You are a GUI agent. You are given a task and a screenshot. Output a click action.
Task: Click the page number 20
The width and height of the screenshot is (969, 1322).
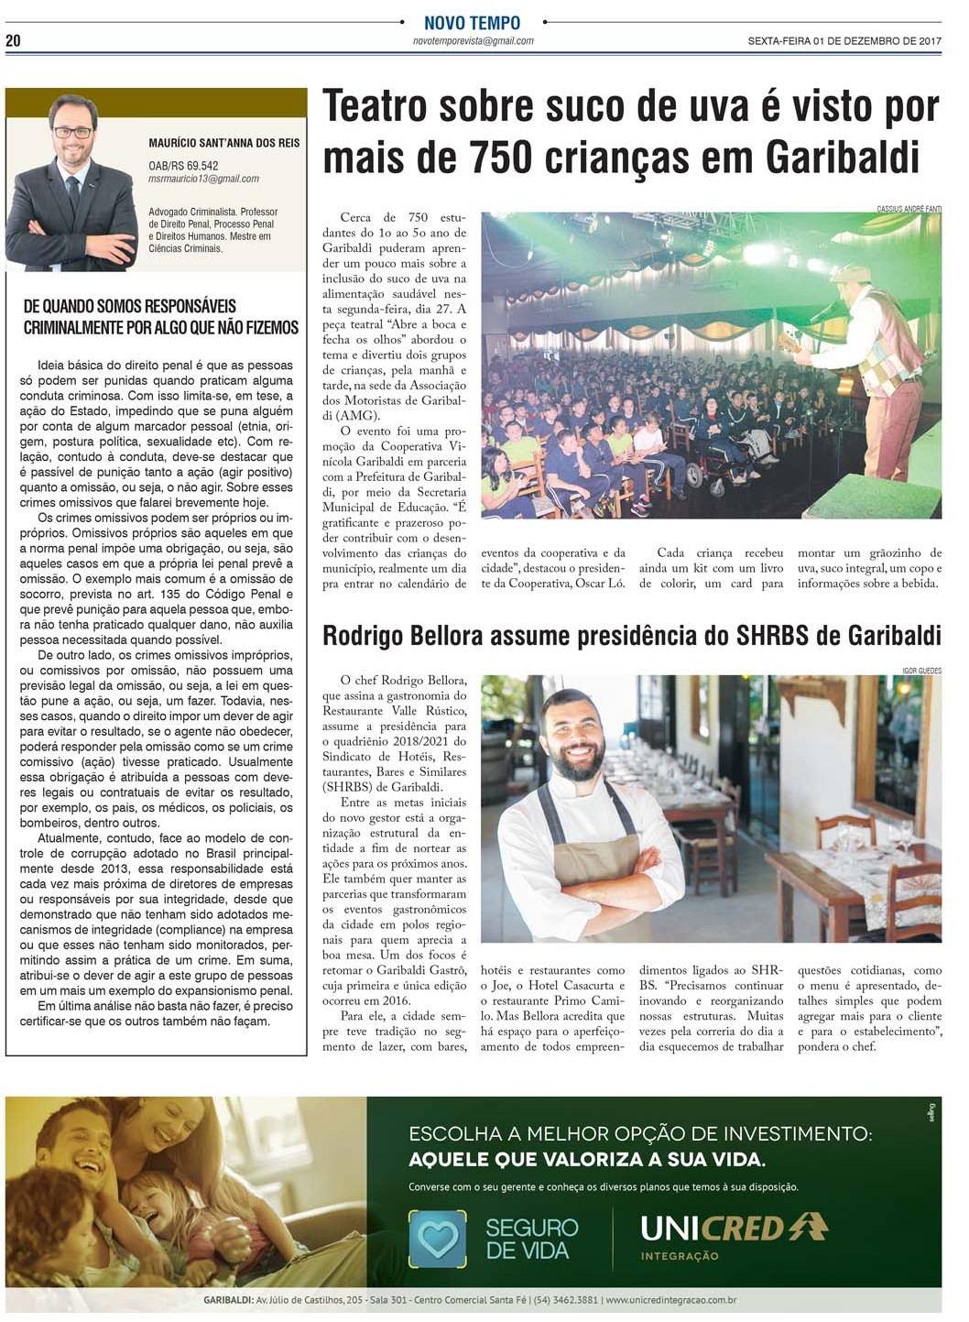click(13, 39)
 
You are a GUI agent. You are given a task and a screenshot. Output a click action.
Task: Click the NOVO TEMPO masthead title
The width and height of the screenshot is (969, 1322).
click(472, 23)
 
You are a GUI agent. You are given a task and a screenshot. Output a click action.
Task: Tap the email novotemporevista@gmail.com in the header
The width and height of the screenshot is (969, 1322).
click(473, 41)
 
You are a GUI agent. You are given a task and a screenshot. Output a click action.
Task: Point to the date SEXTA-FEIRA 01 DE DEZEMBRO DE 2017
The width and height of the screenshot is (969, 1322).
click(844, 41)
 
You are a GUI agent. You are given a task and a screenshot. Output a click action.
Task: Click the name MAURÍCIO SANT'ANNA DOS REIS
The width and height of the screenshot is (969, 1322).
click(223, 143)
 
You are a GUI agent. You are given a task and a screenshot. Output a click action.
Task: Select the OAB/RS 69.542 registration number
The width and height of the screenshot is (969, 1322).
click(183, 166)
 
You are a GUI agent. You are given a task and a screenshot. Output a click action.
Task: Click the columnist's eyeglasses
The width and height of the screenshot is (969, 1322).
click(72, 132)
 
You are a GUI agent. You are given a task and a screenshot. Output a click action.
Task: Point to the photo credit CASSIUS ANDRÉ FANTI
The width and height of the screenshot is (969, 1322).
click(909, 209)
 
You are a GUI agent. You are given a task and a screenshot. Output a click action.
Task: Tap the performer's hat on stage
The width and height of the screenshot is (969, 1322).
click(850, 273)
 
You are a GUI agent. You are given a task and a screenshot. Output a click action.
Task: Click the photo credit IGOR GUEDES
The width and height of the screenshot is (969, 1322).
click(921, 671)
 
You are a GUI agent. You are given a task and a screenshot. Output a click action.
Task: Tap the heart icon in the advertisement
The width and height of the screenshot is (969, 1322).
click(437, 1239)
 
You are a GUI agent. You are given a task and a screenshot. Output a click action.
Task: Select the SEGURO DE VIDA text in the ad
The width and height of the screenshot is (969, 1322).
click(531, 1239)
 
